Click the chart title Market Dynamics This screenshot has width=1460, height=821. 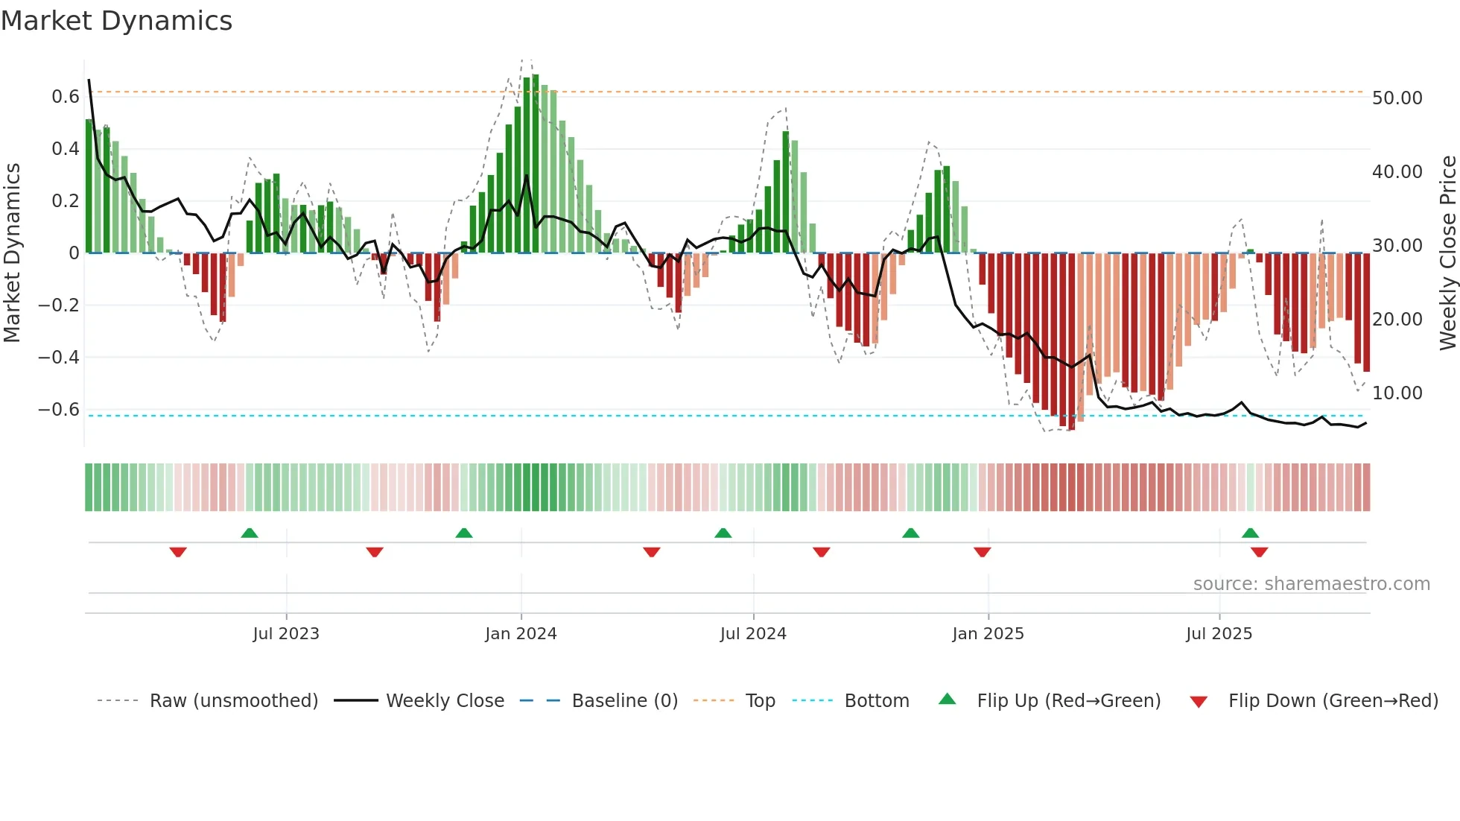click(x=116, y=21)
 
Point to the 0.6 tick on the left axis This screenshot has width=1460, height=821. click(x=66, y=97)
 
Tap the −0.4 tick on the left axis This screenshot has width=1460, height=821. click(x=59, y=357)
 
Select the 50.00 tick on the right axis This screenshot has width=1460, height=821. click(x=1397, y=98)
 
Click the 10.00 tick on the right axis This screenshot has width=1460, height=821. click(x=1397, y=393)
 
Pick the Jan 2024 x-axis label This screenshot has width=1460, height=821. click(x=521, y=634)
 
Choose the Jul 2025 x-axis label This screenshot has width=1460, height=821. click(x=1219, y=634)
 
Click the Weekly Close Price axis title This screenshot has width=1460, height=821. click(x=1447, y=253)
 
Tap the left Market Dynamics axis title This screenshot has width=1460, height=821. click(x=13, y=253)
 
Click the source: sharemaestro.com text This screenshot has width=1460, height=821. click(x=1311, y=584)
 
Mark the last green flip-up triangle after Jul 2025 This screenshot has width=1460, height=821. click(x=1250, y=533)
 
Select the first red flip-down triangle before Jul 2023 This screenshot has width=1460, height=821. click(x=178, y=552)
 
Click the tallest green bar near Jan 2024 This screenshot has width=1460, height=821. click(x=536, y=164)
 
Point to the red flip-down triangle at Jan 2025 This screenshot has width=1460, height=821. click(x=982, y=552)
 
